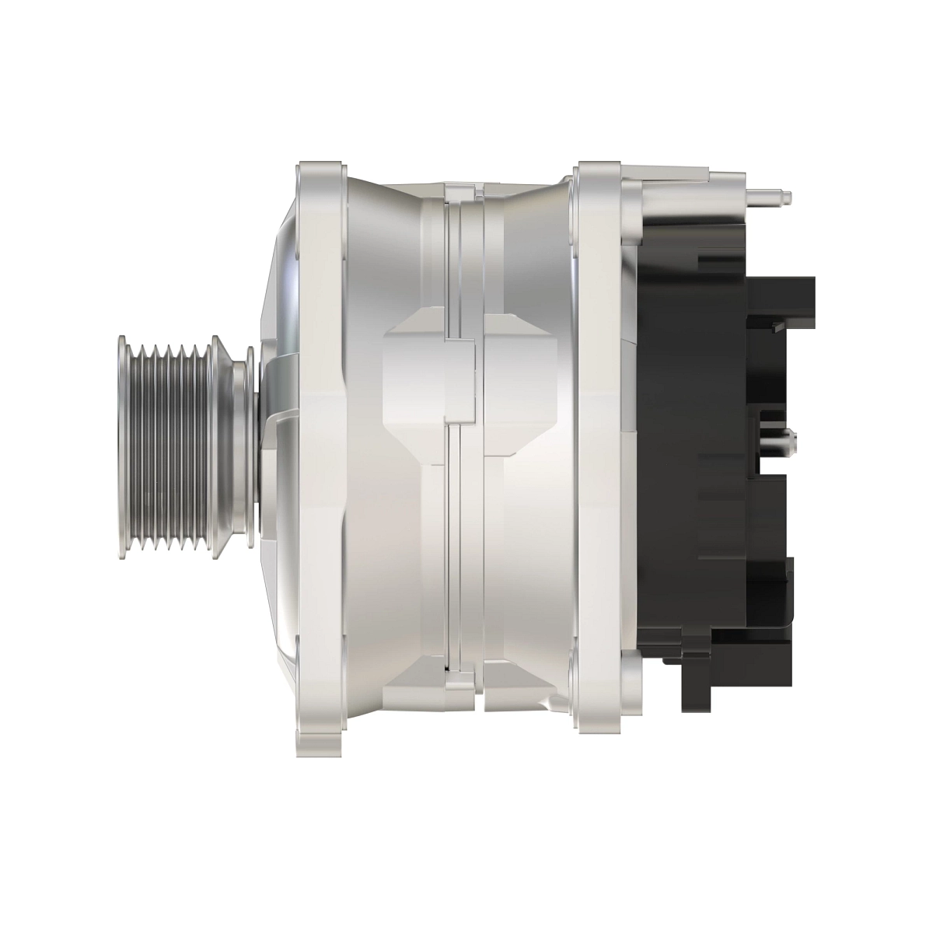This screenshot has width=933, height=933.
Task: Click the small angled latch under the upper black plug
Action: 777,328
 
